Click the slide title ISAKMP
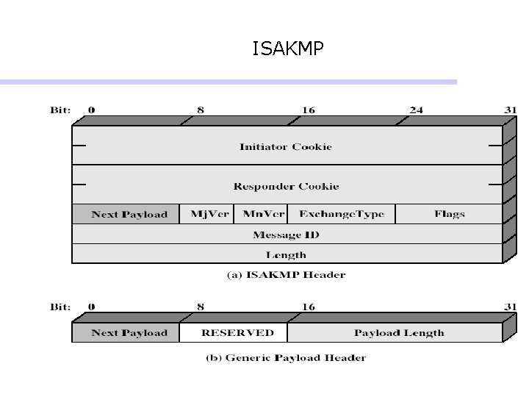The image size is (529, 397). [287, 49]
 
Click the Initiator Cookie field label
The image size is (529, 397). [286, 146]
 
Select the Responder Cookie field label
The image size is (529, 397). [286, 186]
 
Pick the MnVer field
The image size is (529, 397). [263, 214]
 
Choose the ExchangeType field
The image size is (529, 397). [341, 214]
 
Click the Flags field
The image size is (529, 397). [449, 214]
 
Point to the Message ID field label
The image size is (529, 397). [286, 235]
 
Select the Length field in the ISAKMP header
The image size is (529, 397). [286, 254]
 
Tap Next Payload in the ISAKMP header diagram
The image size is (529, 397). [129, 215]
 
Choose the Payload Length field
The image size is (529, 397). [399, 333]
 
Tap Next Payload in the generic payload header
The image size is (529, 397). [129, 333]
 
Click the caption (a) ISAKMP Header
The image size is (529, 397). [285, 275]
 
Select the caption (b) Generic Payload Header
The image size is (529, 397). [285, 358]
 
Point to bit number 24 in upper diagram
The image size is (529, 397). [416, 110]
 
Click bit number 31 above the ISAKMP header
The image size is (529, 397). [511, 110]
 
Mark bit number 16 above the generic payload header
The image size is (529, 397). [309, 306]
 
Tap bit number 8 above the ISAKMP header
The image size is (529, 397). [201, 110]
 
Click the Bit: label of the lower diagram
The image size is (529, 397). [60, 306]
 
